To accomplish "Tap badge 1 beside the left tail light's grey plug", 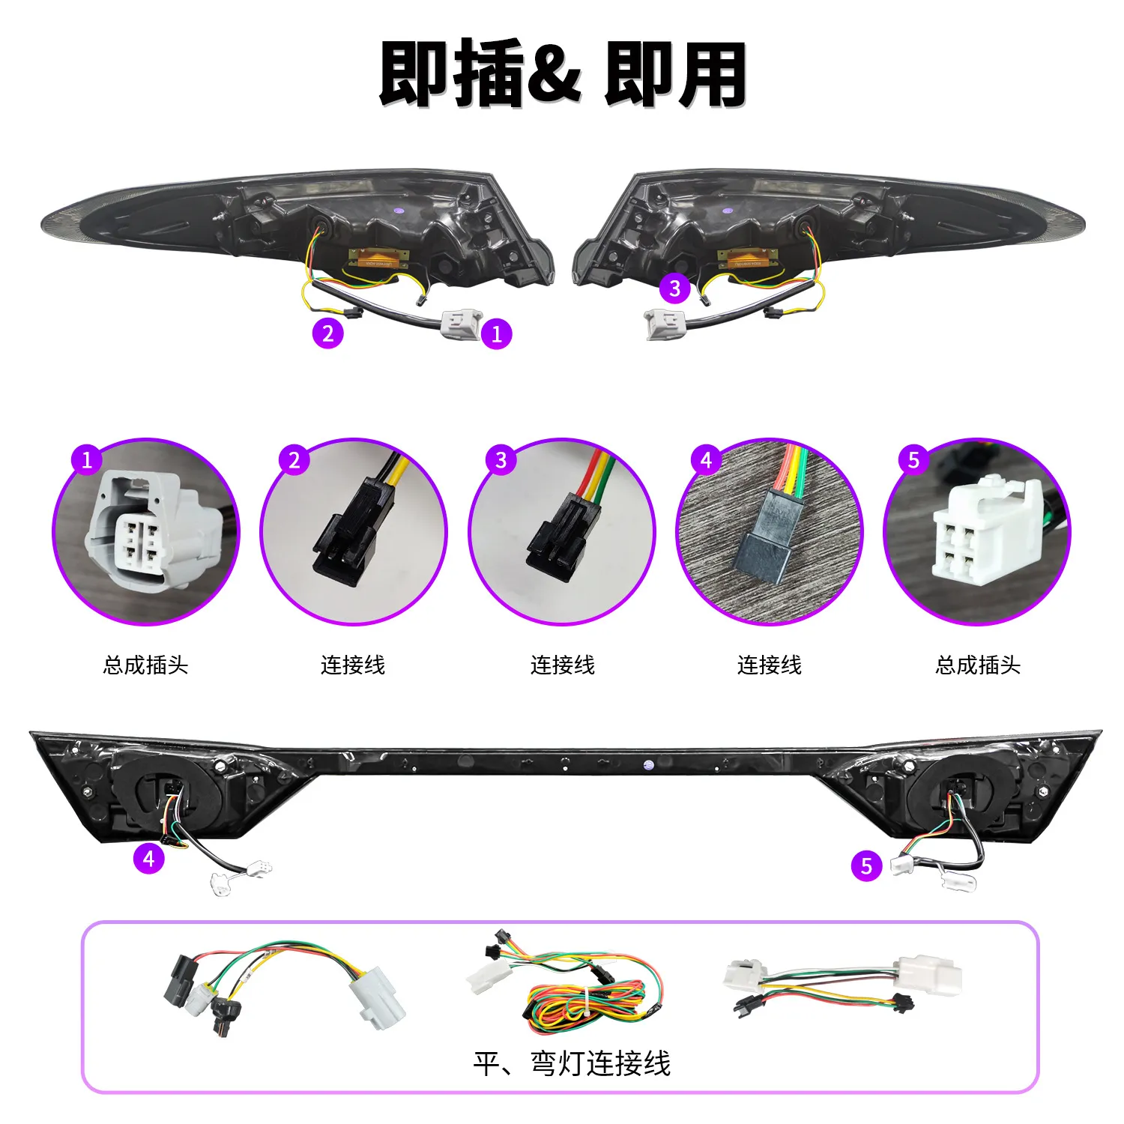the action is (x=497, y=333).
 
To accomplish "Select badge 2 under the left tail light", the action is (x=327, y=333).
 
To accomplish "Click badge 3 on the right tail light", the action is (x=674, y=288).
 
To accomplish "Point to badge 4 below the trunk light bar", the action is (x=148, y=858).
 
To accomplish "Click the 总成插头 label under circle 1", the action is (x=145, y=665).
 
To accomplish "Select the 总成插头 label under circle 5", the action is (x=978, y=665).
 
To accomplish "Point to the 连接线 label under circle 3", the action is (x=563, y=665).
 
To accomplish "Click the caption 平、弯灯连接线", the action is (x=572, y=1063).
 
